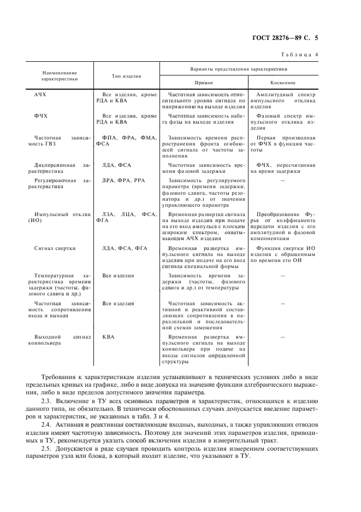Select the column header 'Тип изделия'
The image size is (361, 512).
pyautogui.click(x=126, y=77)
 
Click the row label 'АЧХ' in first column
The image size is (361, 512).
pyautogui.click(x=40, y=94)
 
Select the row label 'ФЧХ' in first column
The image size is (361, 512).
pyautogui.click(x=40, y=116)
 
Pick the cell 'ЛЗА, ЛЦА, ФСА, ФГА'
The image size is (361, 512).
pyautogui.click(x=126, y=218)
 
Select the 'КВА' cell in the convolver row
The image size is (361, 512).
pyautogui.click(x=108, y=338)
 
